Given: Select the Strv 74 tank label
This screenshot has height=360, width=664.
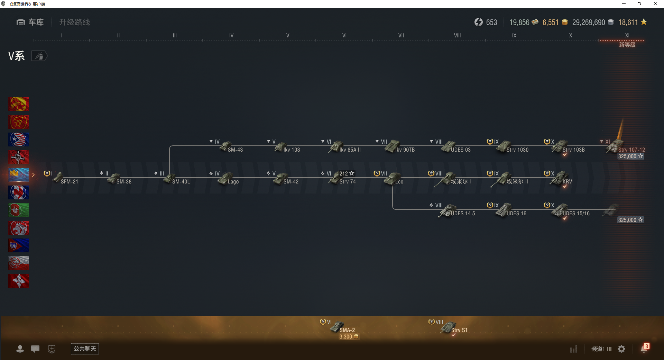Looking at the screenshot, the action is click(348, 182).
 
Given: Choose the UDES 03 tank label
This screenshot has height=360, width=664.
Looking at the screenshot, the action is click(461, 150).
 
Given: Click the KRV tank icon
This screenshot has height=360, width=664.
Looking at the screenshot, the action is click(559, 178).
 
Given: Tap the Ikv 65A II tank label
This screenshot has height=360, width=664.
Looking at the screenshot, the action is click(350, 150).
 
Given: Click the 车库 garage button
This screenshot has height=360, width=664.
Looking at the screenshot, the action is click(30, 22).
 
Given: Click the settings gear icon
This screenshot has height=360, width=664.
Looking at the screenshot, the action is click(621, 349).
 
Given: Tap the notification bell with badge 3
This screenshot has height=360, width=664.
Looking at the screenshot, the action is click(644, 348).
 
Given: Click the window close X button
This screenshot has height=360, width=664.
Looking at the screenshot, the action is click(655, 4).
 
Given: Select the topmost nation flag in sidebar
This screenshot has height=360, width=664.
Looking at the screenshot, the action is click(19, 104).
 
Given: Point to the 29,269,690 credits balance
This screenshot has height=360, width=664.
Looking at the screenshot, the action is click(589, 22).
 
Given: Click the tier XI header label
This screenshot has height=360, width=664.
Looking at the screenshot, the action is click(627, 35).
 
